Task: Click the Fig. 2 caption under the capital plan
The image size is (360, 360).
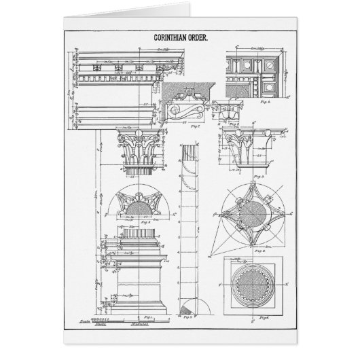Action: click(x=259, y=250)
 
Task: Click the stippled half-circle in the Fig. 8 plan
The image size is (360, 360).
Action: click(x=142, y=204)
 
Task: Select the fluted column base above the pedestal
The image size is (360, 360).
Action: click(x=141, y=242)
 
